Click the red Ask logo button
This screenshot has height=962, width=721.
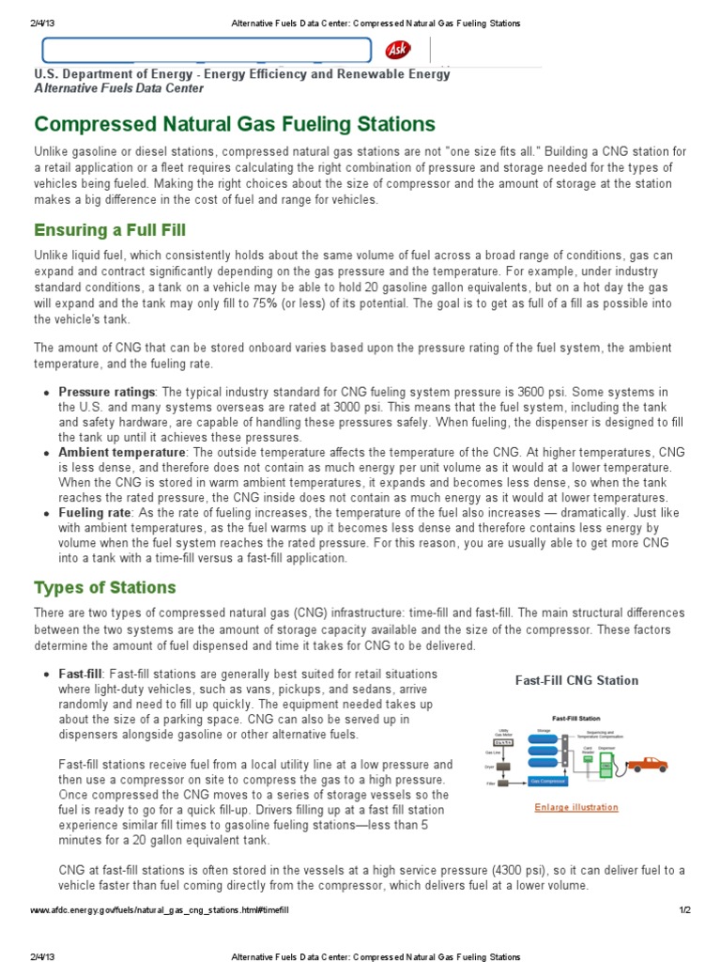(x=398, y=50)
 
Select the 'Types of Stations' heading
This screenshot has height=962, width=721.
(x=105, y=587)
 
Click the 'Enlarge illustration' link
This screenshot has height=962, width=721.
(x=576, y=807)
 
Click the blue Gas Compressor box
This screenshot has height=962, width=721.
(x=548, y=781)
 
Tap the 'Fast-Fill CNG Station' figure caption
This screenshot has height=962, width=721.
(x=576, y=680)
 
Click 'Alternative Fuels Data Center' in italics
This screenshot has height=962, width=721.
(x=118, y=88)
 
